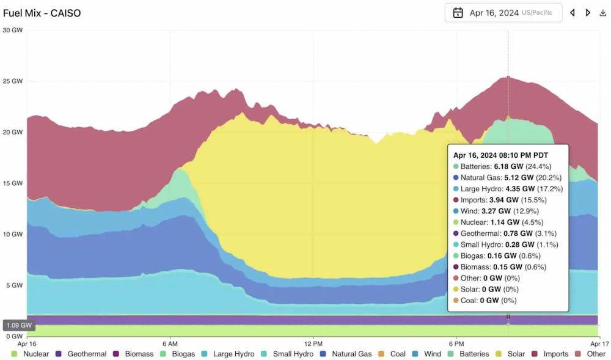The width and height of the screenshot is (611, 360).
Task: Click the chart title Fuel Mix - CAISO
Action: click(x=42, y=13)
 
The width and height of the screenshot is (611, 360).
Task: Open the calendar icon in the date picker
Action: click(x=458, y=13)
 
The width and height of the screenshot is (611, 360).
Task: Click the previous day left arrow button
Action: click(x=573, y=13)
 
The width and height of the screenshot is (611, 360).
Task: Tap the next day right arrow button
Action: click(x=588, y=13)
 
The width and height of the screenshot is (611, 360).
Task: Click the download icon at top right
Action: click(x=603, y=13)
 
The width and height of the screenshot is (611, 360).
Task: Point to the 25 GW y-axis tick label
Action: click(x=13, y=81)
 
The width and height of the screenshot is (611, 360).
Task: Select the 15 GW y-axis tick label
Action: click(x=13, y=183)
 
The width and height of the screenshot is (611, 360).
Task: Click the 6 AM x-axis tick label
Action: click(x=170, y=344)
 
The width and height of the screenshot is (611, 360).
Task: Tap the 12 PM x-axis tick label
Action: click(x=313, y=344)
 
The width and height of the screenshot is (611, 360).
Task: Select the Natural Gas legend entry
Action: click(x=346, y=354)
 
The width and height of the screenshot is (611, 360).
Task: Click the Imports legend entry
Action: click(x=551, y=354)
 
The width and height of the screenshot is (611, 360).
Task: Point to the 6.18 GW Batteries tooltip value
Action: click(x=508, y=166)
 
